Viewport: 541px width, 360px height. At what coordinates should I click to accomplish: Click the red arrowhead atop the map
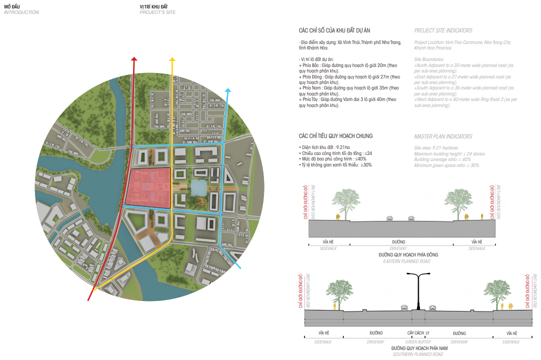point(133,59)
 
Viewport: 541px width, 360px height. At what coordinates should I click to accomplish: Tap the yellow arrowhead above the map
point(172,60)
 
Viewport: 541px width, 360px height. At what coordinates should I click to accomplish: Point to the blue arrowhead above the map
point(228,91)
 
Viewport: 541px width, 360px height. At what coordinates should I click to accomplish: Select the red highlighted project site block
point(148,187)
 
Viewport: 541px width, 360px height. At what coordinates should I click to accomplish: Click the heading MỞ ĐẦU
point(12,6)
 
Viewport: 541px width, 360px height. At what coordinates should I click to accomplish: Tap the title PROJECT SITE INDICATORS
point(443,30)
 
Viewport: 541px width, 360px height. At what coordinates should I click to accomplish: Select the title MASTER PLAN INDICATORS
point(443,136)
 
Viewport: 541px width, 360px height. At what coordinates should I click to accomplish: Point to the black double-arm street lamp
point(419,290)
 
